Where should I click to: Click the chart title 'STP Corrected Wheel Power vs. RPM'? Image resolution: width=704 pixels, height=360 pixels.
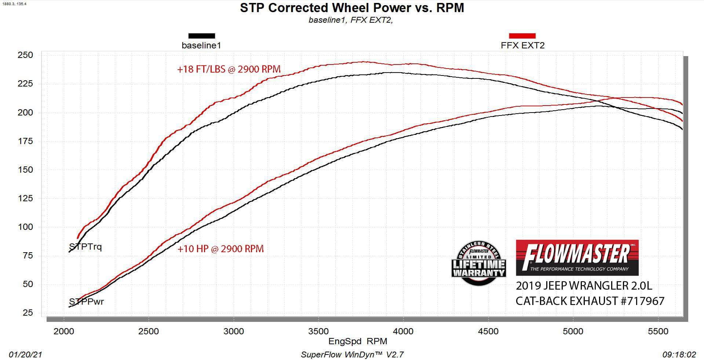coord(352,8)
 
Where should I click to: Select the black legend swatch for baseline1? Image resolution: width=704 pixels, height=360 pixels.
coord(201,36)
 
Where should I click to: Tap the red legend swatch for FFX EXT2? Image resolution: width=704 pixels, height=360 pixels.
coord(522,36)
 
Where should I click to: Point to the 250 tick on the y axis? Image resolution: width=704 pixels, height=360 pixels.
coord(25,55)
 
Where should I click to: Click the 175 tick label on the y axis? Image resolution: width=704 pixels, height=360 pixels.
coord(25,141)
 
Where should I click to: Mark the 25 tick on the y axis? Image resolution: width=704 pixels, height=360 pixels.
coord(28,313)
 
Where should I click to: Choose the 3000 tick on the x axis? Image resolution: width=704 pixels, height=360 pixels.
coord(233,331)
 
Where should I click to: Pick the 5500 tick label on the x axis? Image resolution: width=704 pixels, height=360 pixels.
coord(658,331)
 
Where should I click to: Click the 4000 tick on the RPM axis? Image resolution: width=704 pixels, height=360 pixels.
coord(403,331)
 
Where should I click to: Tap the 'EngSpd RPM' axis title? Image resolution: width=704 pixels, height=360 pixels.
coord(358,341)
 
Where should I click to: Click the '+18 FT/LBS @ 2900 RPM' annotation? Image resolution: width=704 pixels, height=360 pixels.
coord(229,69)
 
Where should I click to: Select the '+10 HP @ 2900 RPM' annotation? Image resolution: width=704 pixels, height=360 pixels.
coord(220,249)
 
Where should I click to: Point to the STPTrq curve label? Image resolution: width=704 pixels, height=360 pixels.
coord(85,247)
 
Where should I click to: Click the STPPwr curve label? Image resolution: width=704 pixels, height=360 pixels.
coord(87,302)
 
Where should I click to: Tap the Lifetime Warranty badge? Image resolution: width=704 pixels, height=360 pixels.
coord(479,263)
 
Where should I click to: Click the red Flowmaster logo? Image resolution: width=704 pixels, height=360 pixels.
coord(577,257)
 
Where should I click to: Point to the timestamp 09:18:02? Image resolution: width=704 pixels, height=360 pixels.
coord(679,355)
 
